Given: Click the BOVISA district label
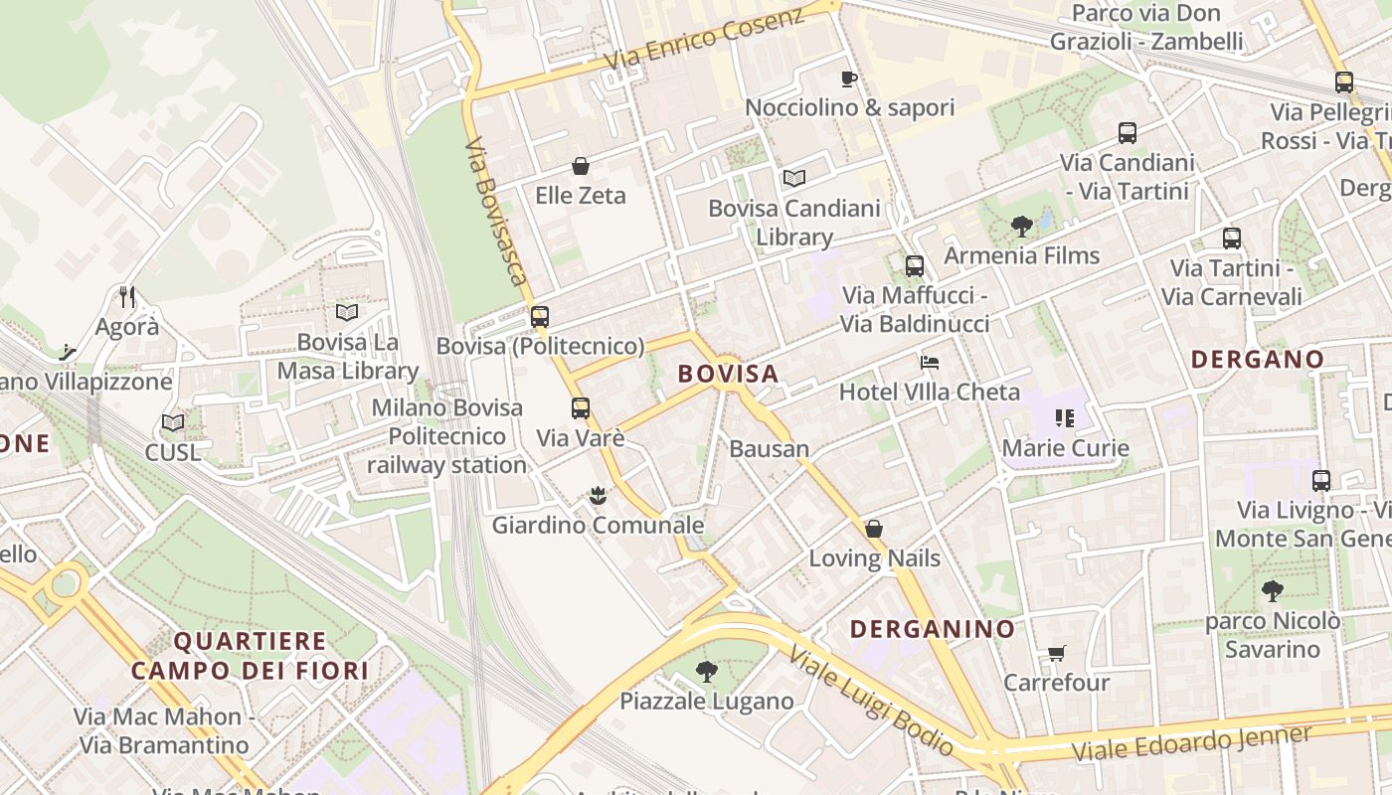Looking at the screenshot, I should tap(728, 374).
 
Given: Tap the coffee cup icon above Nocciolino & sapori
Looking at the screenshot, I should tap(848, 79).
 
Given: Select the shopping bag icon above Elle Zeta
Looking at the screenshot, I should tap(581, 166).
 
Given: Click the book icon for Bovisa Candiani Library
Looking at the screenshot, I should tap(793, 179).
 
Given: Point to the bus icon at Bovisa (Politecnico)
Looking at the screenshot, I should tap(540, 317).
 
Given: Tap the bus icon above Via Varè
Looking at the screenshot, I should tap(581, 407).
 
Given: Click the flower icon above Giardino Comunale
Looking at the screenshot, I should tap(598, 495).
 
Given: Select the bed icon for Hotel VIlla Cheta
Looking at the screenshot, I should tap(929, 362).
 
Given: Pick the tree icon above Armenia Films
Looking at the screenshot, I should tap(1021, 227).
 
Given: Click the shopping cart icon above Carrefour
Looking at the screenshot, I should tap(1056, 653).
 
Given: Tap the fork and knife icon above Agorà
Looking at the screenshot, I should tap(127, 296).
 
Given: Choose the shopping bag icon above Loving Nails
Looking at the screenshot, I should tap(874, 528).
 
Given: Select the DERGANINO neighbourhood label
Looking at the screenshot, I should tap(933, 628).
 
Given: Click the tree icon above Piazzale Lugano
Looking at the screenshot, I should tap(707, 672).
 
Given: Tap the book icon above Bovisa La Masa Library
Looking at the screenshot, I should tap(347, 312).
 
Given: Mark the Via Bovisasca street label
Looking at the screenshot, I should tap(495, 211).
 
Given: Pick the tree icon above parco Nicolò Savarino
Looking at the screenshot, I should tap(1272, 591).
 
